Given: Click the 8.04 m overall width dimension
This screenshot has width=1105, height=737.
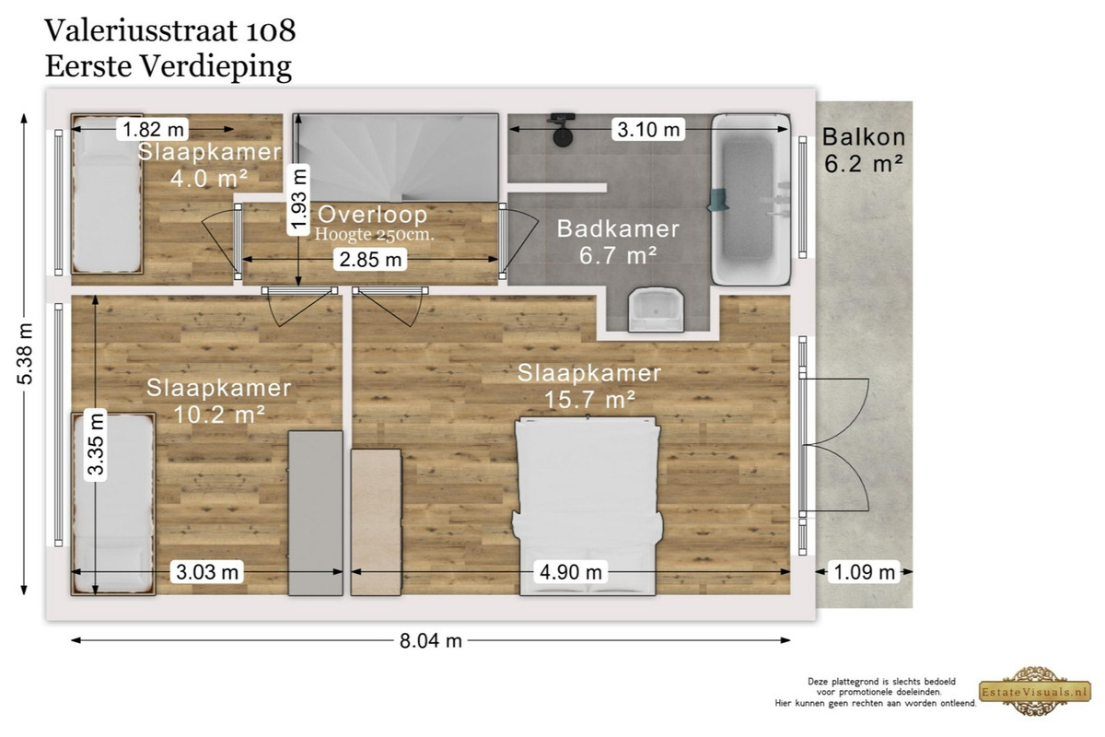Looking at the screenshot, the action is [431, 641].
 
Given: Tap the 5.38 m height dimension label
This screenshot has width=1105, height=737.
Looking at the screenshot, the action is [25, 354].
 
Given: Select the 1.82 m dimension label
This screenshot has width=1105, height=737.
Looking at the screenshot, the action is [153, 129].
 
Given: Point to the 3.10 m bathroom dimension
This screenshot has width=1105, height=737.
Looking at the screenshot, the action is [648, 129].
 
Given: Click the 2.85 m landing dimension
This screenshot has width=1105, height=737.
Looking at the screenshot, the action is [370, 259].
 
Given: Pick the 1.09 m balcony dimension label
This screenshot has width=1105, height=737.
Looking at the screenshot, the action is [864, 572].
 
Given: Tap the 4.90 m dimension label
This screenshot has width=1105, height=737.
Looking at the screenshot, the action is [571, 572].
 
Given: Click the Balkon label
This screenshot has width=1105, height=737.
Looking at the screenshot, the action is [864, 137].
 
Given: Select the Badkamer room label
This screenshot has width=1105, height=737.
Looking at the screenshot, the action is [618, 228].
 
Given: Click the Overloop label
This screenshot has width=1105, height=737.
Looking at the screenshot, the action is [372, 215].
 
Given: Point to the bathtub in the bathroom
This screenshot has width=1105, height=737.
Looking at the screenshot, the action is [750, 199].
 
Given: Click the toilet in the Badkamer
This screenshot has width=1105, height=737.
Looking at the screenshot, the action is [656, 310].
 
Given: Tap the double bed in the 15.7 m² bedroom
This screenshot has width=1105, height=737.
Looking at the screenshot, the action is [587, 506].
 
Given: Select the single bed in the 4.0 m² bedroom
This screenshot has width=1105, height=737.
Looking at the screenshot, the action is [107, 194].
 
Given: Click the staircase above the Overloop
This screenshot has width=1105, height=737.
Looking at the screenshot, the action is [396, 158].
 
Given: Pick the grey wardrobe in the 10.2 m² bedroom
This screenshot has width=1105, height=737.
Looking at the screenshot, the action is [315, 513].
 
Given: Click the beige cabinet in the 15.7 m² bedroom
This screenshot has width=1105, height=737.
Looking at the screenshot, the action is [376, 522].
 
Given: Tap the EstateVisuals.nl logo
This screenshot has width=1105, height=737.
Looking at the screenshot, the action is [1035, 691].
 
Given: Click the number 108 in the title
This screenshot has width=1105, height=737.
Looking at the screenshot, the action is [271, 30].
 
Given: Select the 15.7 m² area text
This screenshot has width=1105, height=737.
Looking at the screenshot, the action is [589, 399].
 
